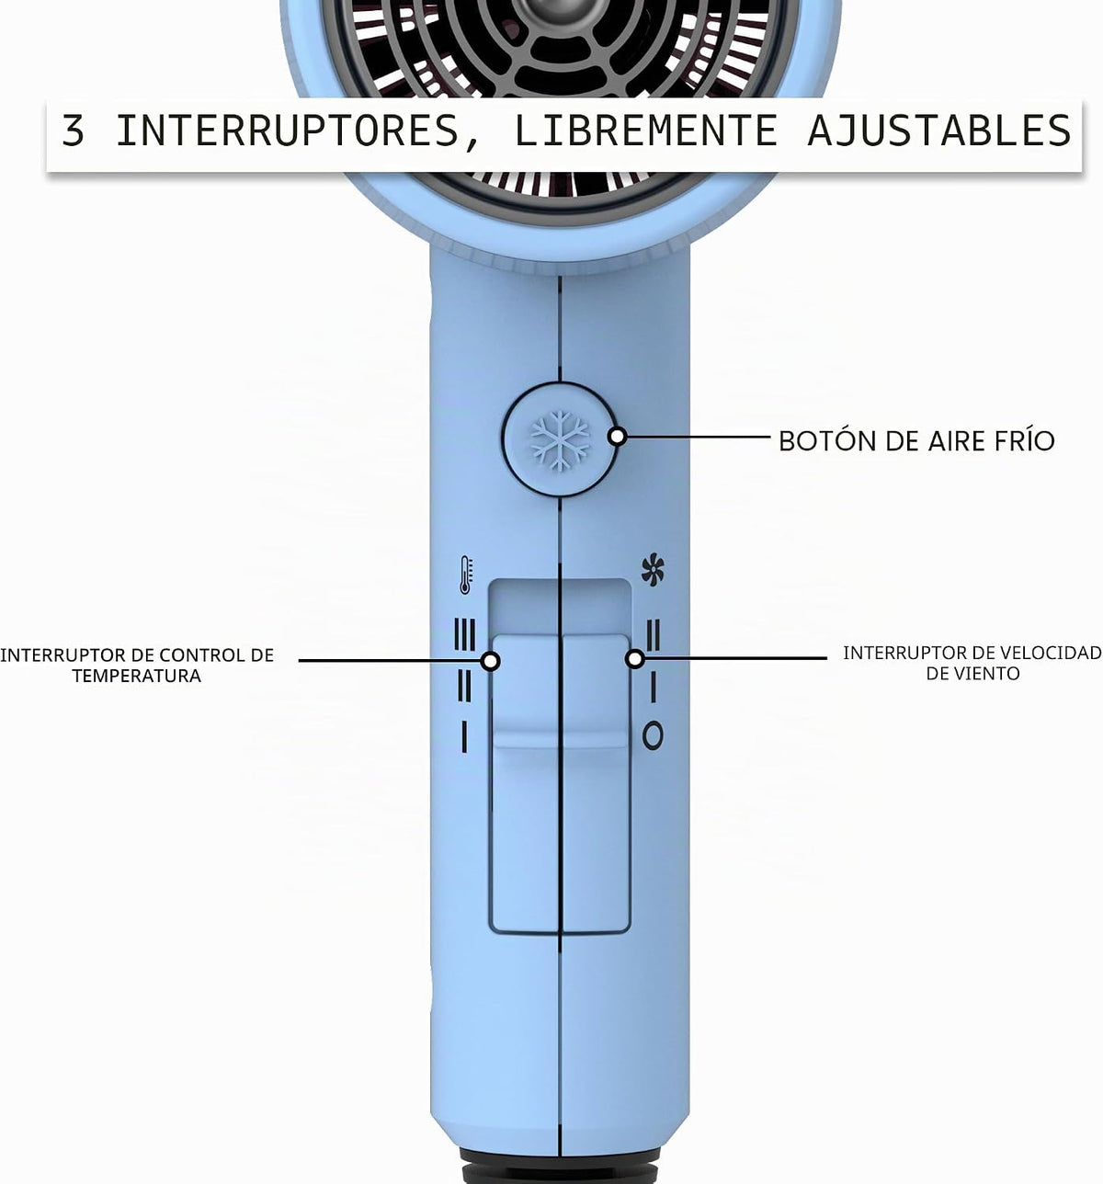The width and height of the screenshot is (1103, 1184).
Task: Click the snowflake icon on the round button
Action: point(560,440)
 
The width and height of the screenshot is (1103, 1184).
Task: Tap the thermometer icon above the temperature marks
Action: point(466,575)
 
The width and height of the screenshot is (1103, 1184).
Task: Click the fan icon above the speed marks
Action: point(653,569)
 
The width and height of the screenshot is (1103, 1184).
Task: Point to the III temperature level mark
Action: point(464,634)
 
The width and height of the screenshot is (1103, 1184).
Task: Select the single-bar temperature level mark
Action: point(464,737)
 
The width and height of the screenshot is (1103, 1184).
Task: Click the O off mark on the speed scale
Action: point(653,735)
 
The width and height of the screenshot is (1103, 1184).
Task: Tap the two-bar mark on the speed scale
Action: point(654,635)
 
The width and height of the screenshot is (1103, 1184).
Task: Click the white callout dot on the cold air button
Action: point(618,437)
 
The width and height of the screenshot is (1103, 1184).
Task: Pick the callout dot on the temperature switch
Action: point(490,661)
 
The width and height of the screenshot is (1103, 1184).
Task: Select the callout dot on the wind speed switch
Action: point(635,659)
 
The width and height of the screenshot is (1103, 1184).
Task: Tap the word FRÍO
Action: point(1024,440)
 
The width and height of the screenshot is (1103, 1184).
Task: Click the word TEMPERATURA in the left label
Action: point(137,676)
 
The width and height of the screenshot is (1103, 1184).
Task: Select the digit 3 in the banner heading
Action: point(73,131)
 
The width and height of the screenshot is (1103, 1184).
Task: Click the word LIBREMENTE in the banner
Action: point(645,131)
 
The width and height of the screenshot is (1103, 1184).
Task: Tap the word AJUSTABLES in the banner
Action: point(939,131)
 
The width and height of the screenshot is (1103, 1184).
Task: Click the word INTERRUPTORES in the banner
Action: point(288,131)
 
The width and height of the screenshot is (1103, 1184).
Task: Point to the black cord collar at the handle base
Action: point(560,1169)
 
